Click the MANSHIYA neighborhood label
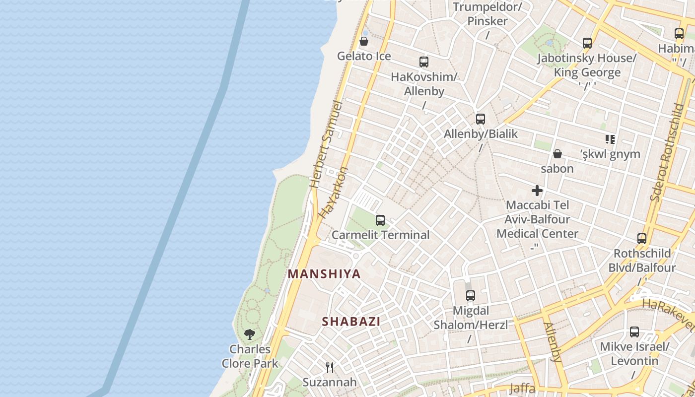click(324, 274)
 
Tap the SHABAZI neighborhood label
click(351, 322)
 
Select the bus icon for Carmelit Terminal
click(380, 220)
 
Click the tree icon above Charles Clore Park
click(250, 334)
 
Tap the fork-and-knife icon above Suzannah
click(329, 367)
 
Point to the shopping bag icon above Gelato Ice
click(364, 41)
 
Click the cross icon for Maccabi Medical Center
click(537, 191)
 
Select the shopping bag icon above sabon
click(557, 154)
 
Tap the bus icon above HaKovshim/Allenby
click(423, 62)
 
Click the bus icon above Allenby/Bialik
click(480, 119)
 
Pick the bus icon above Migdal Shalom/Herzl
click(470, 296)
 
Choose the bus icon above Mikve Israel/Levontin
click(634, 331)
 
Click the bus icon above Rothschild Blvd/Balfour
click(642, 239)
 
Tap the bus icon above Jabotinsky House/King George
click(587, 43)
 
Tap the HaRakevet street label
click(668, 314)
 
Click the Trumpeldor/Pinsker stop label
click(487, 14)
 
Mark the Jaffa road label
click(522, 389)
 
